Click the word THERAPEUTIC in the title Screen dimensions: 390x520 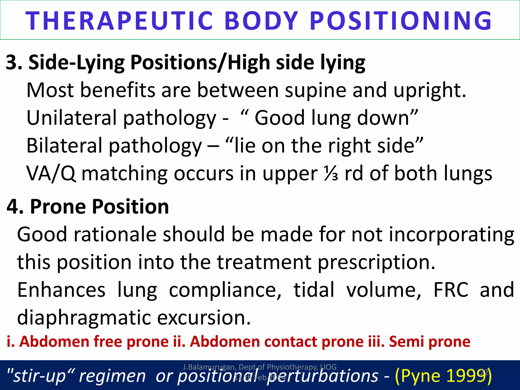click(x=119, y=21)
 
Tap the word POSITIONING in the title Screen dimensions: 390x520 click(x=401, y=21)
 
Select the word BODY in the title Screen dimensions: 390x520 click(x=262, y=21)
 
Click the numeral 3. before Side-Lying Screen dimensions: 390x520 click(x=14, y=62)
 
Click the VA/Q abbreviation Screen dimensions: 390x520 click(x=51, y=174)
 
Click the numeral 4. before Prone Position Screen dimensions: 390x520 click(x=15, y=207)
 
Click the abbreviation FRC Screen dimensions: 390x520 click(x=451, y=290)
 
